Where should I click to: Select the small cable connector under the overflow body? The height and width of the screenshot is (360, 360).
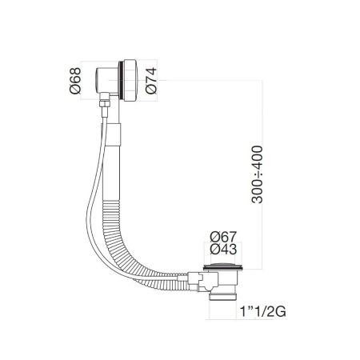[103, 102]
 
